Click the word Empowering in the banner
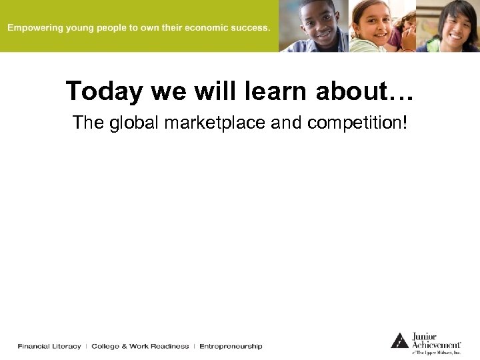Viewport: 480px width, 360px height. click(x=33, y=28)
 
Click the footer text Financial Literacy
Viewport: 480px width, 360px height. click(x=49, y=346)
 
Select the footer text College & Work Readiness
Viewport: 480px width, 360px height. click(x=140, y=346)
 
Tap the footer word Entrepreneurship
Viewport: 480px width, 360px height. click(x=231, y=346)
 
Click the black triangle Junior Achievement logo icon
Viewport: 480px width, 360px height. click(x=399, y=341)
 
